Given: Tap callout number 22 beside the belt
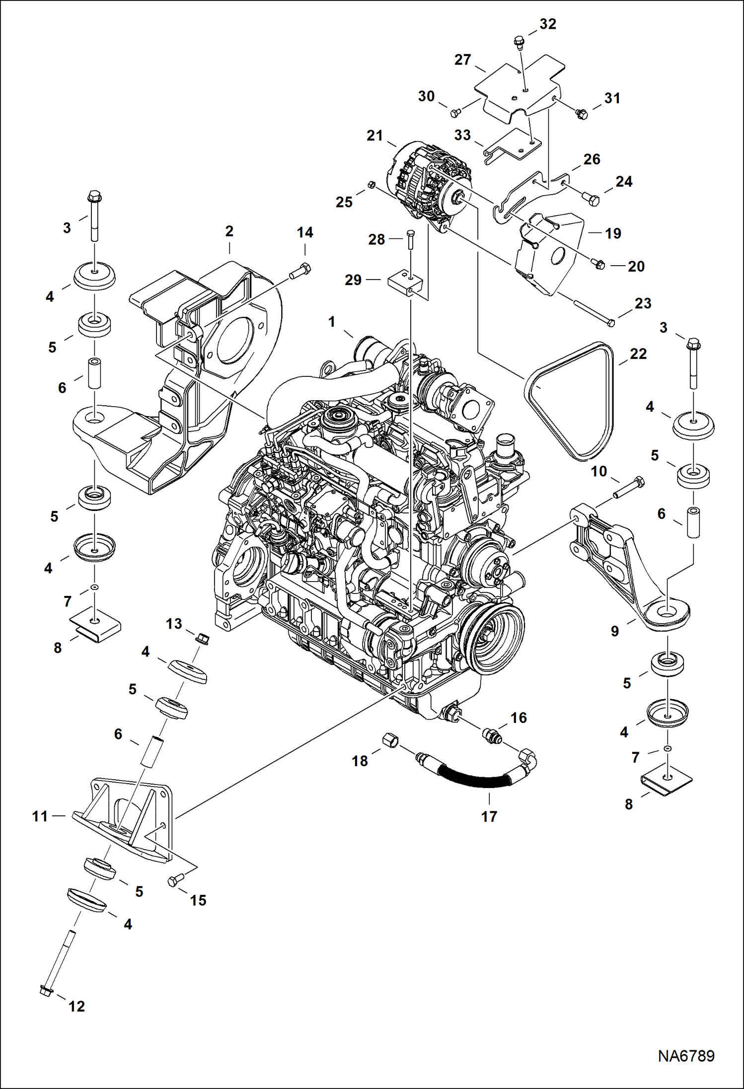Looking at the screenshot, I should [x=638, y=354].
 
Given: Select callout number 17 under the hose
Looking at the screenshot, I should [x=489, y=816].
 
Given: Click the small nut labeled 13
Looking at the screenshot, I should [x=203, y=637].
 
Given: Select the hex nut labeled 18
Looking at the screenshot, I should [x=391, y=741].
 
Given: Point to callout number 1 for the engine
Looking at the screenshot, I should [x=332, y=322].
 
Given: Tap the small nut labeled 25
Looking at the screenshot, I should [x=371, y=186].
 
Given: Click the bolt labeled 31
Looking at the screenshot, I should [x=581, y=114].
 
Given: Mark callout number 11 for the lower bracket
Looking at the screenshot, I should [x=40, y=816].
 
